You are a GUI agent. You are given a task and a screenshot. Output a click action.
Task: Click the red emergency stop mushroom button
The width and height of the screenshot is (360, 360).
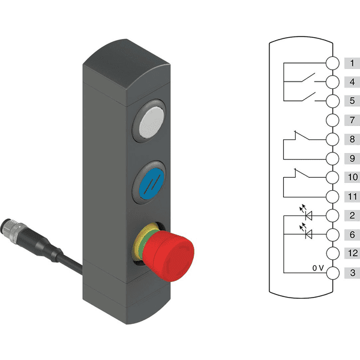[168, 256]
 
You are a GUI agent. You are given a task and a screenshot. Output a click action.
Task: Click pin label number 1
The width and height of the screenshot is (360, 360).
[352, 63]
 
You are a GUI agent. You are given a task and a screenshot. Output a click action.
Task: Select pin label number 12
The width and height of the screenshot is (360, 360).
[353, 253]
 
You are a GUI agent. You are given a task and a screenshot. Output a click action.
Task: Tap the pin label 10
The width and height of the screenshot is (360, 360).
[353, 177]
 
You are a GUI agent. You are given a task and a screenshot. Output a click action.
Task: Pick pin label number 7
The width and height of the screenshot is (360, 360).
[352, 120]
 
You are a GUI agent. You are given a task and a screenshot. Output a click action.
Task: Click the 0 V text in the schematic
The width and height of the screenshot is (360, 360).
[318, 268]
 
